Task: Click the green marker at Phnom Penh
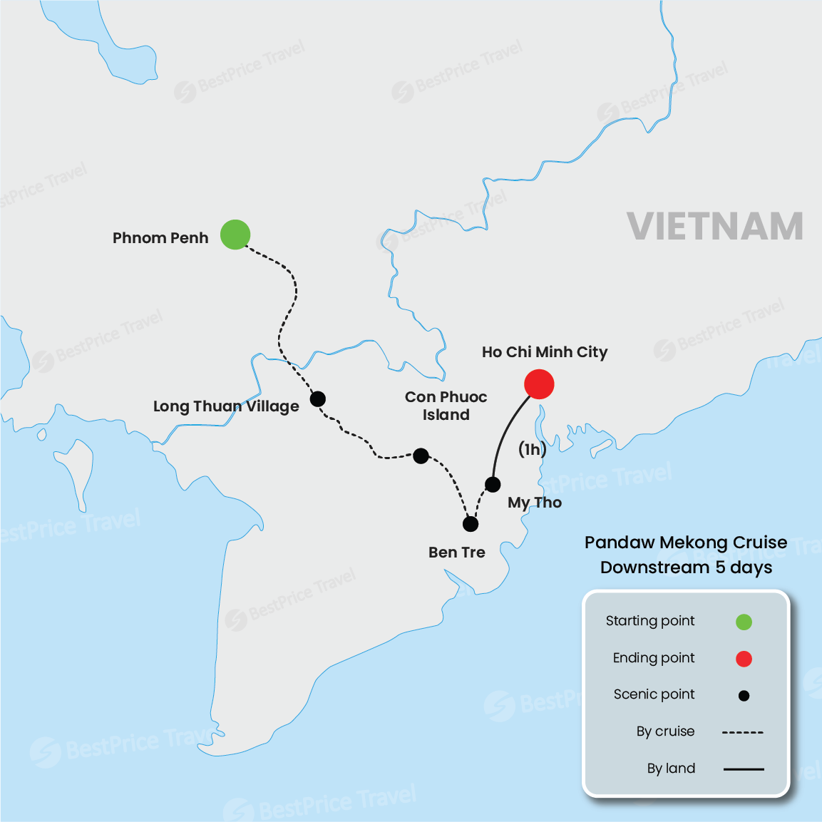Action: (x=235, y=235)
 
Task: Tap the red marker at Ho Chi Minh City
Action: (x=539, y=384)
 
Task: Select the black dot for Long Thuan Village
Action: (x=318, y=399)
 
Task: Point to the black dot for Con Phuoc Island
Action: (x=421, y=456)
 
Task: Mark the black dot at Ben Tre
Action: (x=471, y=524)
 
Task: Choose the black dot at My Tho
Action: (x=493, y=485)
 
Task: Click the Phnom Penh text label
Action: (x=160, y=238)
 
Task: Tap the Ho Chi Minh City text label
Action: (x=545, y=352)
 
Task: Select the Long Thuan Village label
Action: (x=226, y=406)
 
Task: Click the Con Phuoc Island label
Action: (x=446, y=406)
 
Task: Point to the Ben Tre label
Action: (x=457, y=553)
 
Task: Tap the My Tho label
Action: (x=535, y=503)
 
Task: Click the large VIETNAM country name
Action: (x=715, y=227)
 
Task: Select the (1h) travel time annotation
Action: (x=533, y=449)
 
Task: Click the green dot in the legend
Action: (x=744, y=622)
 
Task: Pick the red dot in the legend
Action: (x=744, y=659)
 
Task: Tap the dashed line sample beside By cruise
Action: (x=743, y=732)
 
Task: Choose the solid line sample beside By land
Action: (x=743, y=769)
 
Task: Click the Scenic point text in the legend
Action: (x=654, y=694)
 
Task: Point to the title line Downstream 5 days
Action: (x=686, y=567)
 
